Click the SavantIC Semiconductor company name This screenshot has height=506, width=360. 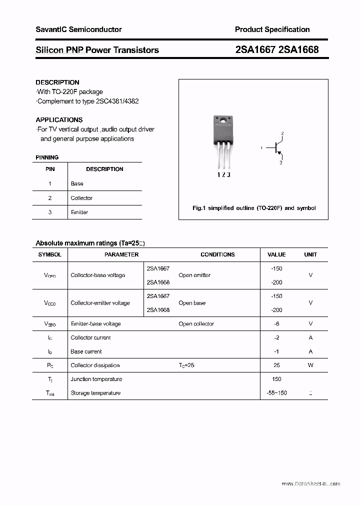78,29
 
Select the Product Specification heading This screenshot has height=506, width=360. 272,29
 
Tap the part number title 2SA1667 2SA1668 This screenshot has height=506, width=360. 276,49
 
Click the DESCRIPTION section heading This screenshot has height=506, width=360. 57,82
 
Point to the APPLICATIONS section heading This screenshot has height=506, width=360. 59,119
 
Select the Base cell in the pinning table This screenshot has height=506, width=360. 77,183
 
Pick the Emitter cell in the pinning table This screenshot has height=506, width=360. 79,212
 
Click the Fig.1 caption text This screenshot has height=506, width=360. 254,208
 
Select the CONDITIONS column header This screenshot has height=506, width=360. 217,254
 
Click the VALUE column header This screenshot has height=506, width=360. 276,254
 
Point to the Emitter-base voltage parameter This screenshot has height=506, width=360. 95,323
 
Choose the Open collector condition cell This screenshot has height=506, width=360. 196,323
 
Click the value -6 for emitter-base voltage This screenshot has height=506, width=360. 276,323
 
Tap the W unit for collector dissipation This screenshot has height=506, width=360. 310,365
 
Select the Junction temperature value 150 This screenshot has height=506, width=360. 276,379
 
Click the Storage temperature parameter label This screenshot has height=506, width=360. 95,393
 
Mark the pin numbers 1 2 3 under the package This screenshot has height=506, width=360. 223,175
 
